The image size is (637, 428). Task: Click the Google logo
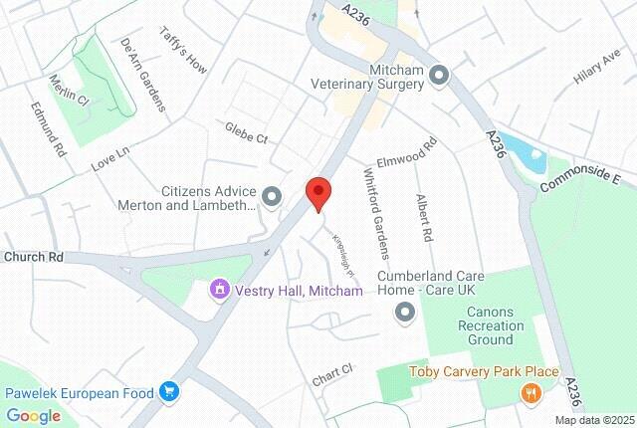(x=33, y=416)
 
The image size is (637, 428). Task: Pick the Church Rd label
(x=33, y=257)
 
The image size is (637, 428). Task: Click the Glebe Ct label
(x=246, y=133)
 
